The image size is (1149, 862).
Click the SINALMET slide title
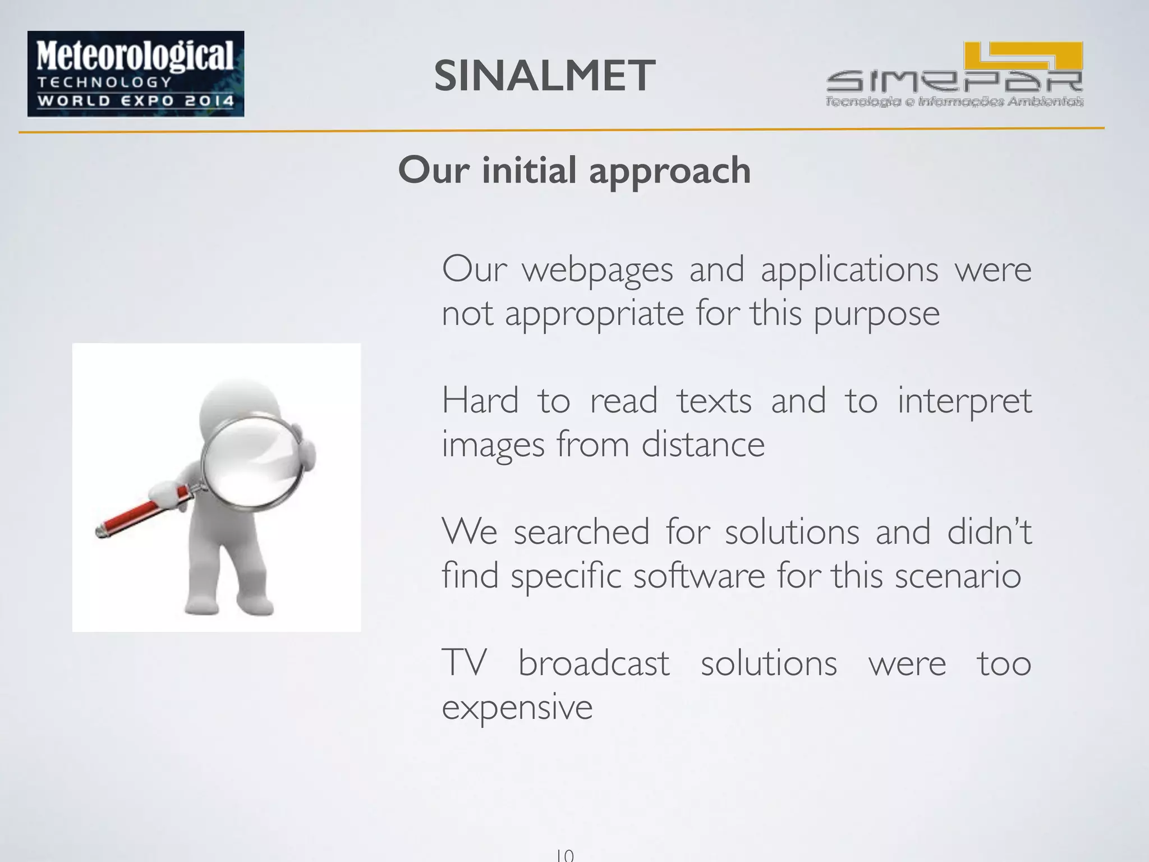[544, 76]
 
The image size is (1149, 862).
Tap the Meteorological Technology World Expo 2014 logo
[136, 74]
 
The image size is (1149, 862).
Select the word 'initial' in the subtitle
[529, 170]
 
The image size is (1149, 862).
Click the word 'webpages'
[598, 270]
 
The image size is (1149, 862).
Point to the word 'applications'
[849, 270]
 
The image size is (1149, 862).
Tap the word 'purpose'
[876, 314]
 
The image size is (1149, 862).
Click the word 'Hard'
[480, 401]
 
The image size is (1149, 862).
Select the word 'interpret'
[964, 402]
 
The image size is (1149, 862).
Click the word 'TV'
[463, 663]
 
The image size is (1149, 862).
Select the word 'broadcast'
[594, 663]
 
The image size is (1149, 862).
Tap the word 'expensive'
[517, 708]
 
